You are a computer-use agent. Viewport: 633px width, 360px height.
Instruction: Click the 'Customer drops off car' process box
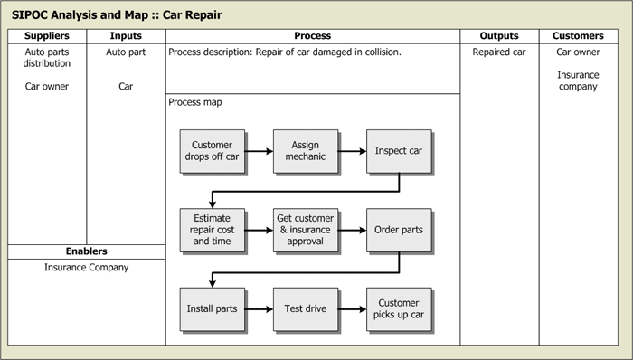tap(213, 151)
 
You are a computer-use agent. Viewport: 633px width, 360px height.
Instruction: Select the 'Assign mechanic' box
tap(305, 151)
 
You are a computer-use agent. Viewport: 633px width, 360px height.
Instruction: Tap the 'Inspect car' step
tap(398, 151)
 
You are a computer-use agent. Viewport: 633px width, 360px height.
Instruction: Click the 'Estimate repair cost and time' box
tap(213, 230)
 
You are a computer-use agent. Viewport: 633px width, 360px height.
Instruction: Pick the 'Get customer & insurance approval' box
tap(305, 230)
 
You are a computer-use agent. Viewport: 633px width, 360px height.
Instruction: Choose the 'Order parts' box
tap(398, 230)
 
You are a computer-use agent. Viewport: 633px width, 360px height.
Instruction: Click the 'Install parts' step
tap(213, 308)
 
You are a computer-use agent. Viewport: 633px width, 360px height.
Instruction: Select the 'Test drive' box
tap(305, 308)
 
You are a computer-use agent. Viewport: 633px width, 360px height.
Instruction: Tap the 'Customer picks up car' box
tap(398, 308)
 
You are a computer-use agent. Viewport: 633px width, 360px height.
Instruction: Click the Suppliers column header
tap(47, 36)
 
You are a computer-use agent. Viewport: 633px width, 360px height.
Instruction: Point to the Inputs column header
tap(126, 36)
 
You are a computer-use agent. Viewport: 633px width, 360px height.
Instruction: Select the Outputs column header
tap(499, 36)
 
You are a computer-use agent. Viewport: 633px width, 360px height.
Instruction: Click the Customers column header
tap(578, 36)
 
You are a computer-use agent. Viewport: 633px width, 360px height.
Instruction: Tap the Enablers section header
tap(87, 251)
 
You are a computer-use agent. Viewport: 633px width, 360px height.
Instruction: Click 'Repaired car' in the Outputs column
tap(499, 52)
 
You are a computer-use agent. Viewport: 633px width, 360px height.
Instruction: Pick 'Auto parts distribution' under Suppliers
tap(47, 58)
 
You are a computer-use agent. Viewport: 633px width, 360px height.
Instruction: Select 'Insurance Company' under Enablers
tap(87, 268)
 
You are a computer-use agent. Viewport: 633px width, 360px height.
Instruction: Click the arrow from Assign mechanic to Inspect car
tap(352, 151)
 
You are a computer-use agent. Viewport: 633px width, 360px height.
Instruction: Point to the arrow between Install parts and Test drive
tap(260, 308)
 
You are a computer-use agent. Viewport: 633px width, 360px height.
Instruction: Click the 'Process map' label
tap(195, 102)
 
